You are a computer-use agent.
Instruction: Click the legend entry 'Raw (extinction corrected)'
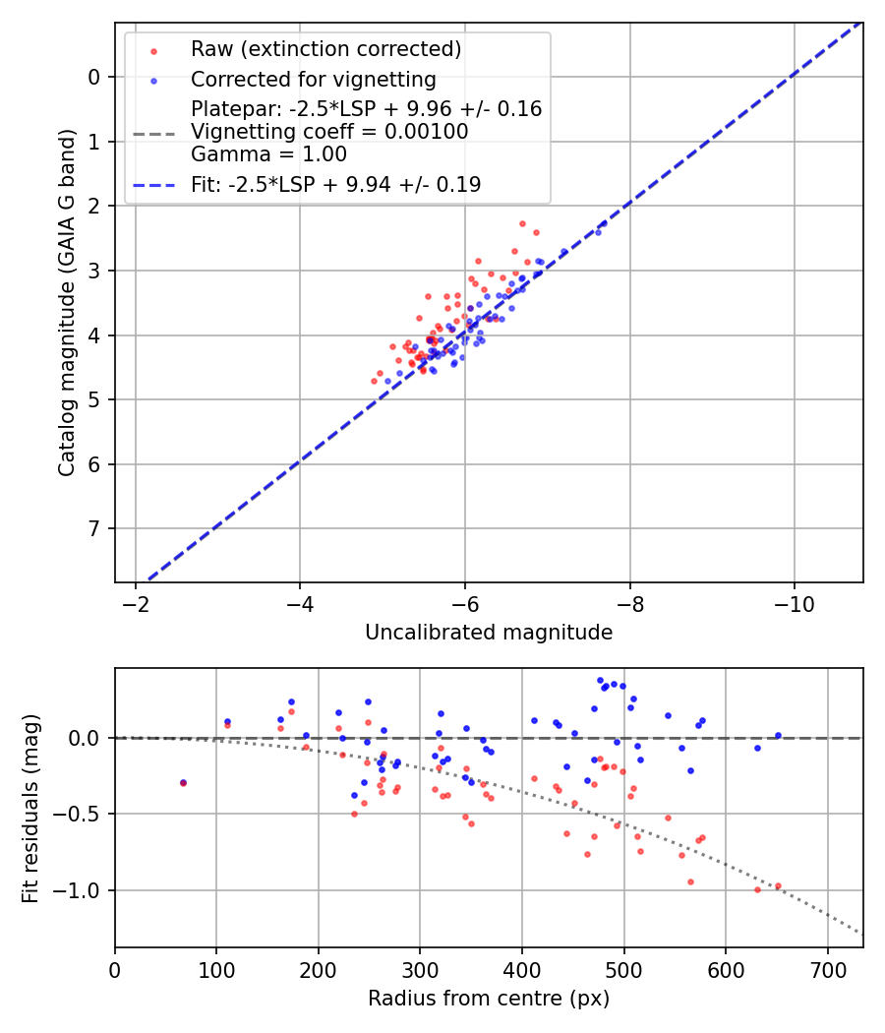point(325,49)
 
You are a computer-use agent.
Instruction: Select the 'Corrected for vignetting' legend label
point(313,79)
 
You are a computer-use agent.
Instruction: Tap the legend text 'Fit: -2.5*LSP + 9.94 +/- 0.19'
point(335,184)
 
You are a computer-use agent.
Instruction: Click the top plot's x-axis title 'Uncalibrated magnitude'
point(489,633)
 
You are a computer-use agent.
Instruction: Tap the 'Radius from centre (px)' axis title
point(489,999)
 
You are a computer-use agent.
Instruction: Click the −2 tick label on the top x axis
point(136,603)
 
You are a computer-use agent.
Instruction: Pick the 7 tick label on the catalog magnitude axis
point(94,529)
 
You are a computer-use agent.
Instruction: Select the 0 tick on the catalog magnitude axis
point(94,77)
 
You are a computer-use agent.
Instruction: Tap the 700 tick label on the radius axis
point(827,969)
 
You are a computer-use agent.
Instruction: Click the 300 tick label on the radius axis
point(420,969)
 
